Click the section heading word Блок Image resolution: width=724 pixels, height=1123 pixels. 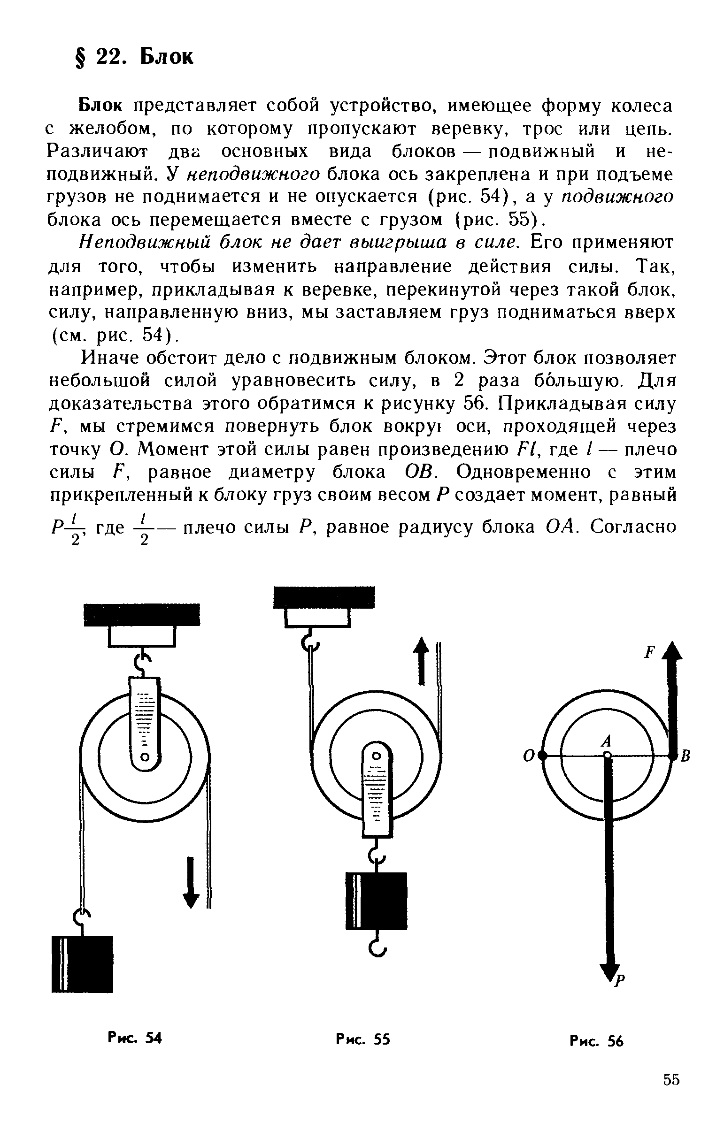point(166,57)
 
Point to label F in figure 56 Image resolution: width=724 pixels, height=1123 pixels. point(650,652)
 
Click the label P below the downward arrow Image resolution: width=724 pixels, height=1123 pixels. point(621,979)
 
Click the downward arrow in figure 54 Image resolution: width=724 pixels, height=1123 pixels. point(191,882)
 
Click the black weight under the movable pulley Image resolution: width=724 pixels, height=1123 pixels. point(376,901)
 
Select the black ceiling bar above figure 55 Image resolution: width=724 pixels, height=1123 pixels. point(324,597)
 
